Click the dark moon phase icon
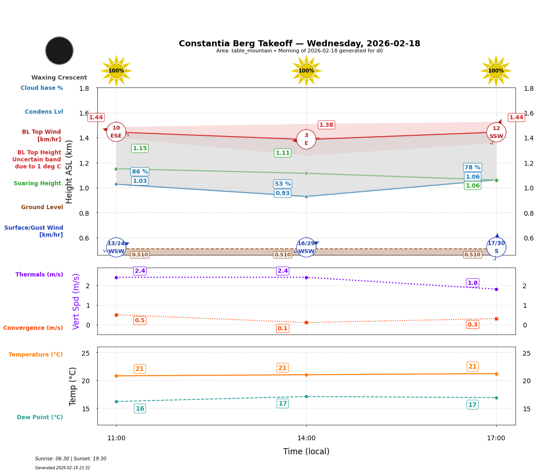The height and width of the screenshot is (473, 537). click(59, 51)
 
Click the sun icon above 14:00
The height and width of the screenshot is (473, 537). click(306, 71)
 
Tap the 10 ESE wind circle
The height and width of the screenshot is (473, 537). click(116, 132)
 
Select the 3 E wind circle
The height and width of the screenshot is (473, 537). click(306, 139)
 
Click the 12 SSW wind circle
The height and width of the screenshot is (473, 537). click(496, 132)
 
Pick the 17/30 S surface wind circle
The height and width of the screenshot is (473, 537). click(496, 247)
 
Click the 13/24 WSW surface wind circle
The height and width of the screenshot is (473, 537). click(116, 247)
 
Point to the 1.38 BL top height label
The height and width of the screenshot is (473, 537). click(326, 125)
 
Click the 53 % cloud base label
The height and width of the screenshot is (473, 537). click(283, 184)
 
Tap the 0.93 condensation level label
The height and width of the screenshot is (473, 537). click(283, 193)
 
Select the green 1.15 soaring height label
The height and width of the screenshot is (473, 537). click(140, 148)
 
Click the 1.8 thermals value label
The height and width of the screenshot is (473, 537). click(472, 283)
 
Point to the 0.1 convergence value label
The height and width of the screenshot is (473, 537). click(283, 328)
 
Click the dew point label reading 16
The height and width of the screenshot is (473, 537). click(140, 408)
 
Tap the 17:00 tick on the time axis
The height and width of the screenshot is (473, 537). click(496, 438)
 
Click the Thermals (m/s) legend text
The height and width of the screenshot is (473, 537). click(39, 275)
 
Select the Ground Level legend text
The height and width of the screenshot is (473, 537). click(42, 207)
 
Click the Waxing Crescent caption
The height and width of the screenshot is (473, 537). click(59, 78)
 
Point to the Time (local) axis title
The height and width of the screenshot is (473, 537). click(306, 451)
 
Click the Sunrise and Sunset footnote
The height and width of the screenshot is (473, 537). click(71, 459)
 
